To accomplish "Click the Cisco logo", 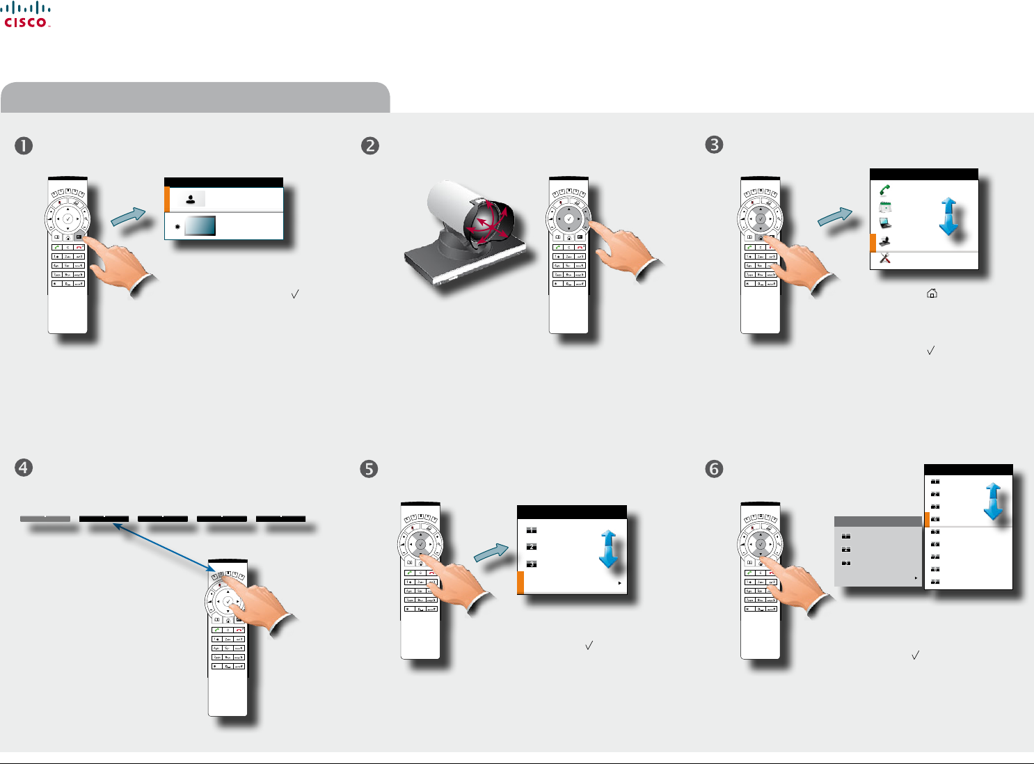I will click(27, 15).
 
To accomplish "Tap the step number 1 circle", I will click(24, 145).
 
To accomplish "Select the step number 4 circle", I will click(24, 467).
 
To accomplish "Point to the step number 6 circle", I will click(714, 469).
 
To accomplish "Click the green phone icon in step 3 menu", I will click(885, 189).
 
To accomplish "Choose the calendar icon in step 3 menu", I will click(885, 207).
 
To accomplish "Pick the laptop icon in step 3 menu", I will click(885, 223).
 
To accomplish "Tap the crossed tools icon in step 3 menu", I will click(885, 258).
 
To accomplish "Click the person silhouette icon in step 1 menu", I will click(191, 199).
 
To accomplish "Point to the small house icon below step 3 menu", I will click(932, 294).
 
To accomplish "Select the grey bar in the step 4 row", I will click(45, 518).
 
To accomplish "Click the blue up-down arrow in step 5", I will click(609, 550).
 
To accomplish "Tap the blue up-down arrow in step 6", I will click(993, 502).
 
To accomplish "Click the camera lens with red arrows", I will click(486, 222).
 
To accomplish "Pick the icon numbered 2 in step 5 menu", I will click(532, 547).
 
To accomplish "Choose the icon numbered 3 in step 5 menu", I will click(532, 564).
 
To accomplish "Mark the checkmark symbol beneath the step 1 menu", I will click(295, 294).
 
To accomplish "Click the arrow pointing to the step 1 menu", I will click(129, 216).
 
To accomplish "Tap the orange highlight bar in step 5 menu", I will click(520, 582).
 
